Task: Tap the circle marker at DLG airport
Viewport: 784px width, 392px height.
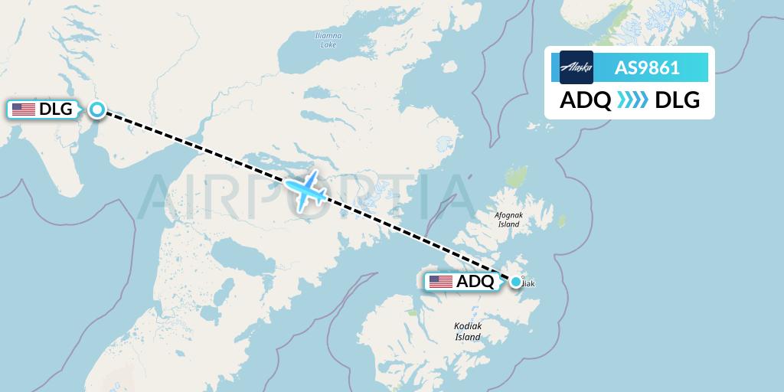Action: [x=97, y=109]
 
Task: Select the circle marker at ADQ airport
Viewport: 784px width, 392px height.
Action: [x=516, y=282]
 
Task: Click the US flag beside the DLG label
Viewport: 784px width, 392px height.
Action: [x=24, y=109]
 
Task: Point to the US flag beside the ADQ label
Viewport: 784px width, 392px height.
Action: [x=441, y=282]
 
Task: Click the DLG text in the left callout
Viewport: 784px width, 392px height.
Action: [x=56, y=109]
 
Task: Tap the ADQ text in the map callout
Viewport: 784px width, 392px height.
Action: [x=475, y=282]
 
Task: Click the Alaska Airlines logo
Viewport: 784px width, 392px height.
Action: [x=577, y=67]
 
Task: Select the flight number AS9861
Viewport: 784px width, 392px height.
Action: [x=647, y=67]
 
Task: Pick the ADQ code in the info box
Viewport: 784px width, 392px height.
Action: [x=586, y=101]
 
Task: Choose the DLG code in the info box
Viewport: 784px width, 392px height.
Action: [x=678, y=101]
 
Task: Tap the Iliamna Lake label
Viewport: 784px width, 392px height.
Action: [x=328, y=41]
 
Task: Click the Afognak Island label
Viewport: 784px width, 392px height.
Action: [x=509, y=220]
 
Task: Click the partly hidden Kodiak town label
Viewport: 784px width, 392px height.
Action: [x=528, y=284]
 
